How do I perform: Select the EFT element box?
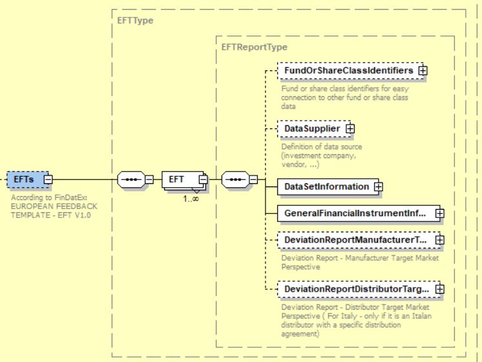click(x=178, y=179)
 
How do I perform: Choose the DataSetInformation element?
click(x=326, y=186)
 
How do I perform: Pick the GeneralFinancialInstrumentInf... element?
click(x=355, y=212)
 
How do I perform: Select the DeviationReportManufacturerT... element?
click(x=355, y=239)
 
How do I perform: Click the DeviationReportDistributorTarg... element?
click(x=355, y=289)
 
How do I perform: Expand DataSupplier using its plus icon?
click(x=351, y=129)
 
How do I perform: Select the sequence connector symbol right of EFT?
click(x=233, y=179)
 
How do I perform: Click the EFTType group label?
click(x=127, y=19)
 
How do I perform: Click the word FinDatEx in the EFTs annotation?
click(x=48, y=192)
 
